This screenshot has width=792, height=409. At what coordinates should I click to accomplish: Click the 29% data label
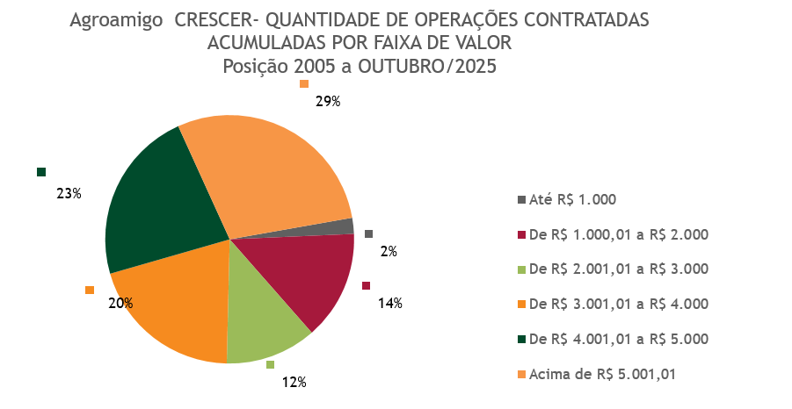tap(328, 102)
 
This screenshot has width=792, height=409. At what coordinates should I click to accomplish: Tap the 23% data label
tap(69, 193)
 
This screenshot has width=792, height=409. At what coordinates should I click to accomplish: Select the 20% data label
tap(120, 304)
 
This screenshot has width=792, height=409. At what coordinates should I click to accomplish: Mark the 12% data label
tap(294, 382)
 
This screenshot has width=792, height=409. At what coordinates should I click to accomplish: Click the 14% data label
tap(390, 304)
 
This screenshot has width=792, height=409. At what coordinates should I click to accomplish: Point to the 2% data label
tap(389, 251)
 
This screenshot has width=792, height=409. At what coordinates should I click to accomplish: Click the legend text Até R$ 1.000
tap(572, 199)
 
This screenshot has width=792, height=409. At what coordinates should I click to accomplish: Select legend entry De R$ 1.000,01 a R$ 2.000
tap(618, 234)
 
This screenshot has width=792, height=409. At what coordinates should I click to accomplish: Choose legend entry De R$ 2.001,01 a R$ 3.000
tap(618, 269)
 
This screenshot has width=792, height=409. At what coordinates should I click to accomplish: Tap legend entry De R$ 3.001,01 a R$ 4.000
tap(618, 305)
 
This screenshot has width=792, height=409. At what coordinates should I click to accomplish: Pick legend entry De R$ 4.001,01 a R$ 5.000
tap(618, 340)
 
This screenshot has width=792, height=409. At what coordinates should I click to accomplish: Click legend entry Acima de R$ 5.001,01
tap(602, 375)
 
